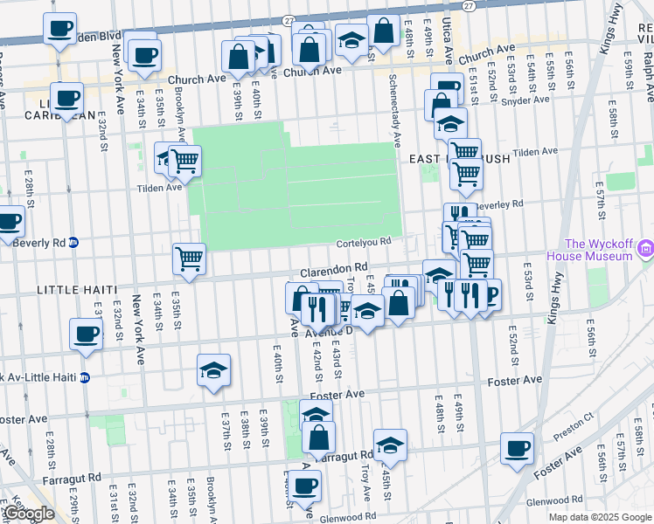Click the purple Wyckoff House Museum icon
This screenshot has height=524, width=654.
point(644,251)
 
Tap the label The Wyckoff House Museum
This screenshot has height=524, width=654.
point(598,250)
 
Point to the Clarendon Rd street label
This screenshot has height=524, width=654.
point(335,270)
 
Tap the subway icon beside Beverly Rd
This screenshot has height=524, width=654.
point(74,243)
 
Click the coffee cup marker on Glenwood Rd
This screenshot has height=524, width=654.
point(305,485)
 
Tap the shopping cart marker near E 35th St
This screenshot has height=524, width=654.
point(189,258)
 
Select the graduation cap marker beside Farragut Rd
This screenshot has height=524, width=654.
point(390,444)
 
